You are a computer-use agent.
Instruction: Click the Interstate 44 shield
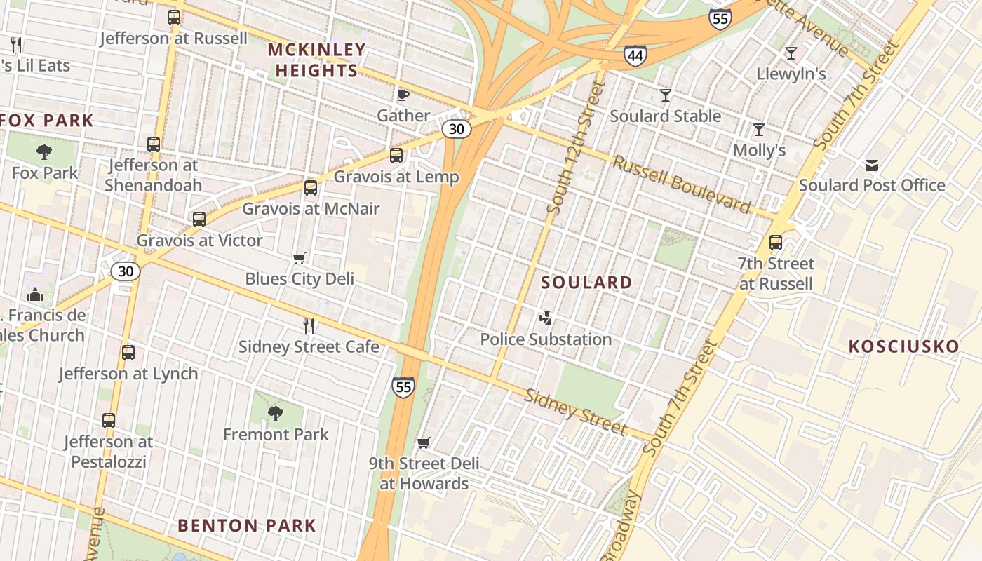[x=635, y=56]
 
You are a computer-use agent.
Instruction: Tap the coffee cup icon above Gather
[x=403, y=95]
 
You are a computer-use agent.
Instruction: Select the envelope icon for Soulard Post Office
[x=871, y=165]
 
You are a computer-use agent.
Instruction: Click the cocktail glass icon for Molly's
[x=758, y=130]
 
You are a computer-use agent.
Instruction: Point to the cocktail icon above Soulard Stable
[x=665, y=95]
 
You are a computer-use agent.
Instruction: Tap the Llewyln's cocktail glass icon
[x=791, y=53]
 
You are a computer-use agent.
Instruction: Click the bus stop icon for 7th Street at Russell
[x=775, y=243]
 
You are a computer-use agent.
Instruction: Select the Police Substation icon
[x=545, y=319]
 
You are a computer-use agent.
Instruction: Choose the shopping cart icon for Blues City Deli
[x=299, y=259]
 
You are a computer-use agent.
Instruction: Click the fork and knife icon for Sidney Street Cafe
[x=308, y=325]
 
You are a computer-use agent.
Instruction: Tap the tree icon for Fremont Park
[x=275, y=414]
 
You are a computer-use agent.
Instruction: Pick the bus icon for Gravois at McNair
[x=311, y=188]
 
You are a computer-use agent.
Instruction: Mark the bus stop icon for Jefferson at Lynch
[x=128, y=353]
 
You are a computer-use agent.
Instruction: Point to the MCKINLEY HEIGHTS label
[x=317, y=60]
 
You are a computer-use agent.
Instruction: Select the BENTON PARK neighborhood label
[x=247, y=525]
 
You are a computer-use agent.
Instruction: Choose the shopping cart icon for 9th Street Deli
[x=423, y=442]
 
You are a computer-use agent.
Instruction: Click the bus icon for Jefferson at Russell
[x=174, y=18]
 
